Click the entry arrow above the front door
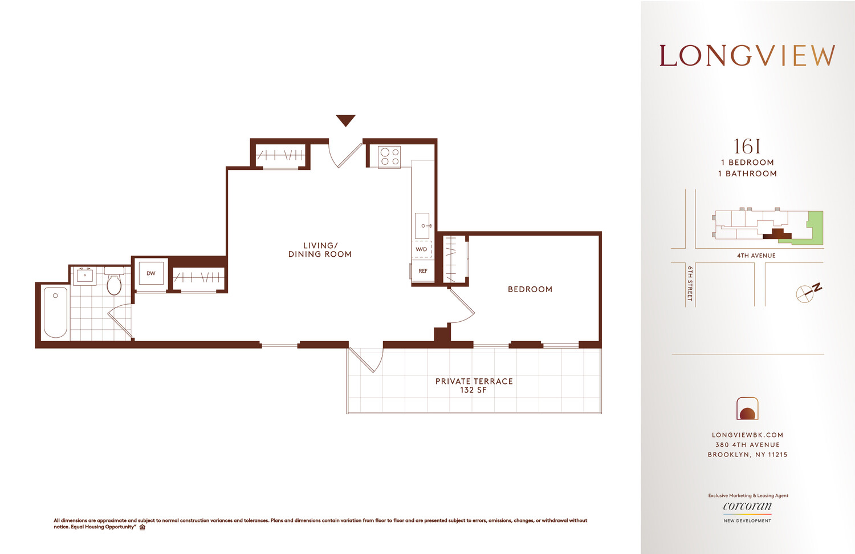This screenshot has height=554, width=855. tap(345, 120)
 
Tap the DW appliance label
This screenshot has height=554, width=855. tap(151, 273)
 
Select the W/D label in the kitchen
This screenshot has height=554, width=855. tap(421, 249)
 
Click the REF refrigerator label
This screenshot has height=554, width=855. tap(423, 271)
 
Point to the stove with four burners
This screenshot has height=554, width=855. tap(390, 157)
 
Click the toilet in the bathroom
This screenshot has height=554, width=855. tap(114, 282)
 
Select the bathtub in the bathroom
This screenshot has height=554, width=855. tap(56, 312)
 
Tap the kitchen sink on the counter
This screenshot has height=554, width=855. tap(422, 225)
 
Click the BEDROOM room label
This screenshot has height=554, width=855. tap(530, 289)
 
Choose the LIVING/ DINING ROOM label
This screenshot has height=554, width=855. tap(320, 250)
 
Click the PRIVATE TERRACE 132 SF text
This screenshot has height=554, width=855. tap(474, 385)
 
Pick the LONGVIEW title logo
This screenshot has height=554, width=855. tap(747, 56)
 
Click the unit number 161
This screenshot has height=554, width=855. tap(747, 147)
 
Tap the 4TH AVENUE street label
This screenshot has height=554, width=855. tap(756, 256)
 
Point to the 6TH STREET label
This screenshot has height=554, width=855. tap(690, 283)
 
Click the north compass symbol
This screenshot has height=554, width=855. tap(807, 292)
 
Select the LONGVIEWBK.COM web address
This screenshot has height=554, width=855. tap(747, 435)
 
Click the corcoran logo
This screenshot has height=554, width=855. tap(747, 507)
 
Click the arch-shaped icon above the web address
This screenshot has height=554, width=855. tap(747, 409)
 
